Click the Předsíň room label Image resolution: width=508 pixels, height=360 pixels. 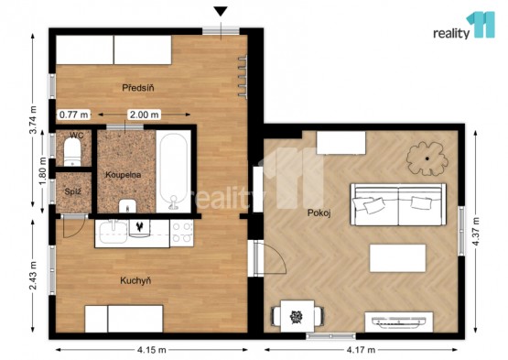pyautogui.click(x=138, y=88)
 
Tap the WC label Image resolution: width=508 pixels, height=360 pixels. pyautogui.click(x=76, y=136)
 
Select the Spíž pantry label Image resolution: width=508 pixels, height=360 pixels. pyautogui.click(x=72, y=191)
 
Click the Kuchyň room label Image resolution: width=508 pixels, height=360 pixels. pyautogui.click(x=135, y=280)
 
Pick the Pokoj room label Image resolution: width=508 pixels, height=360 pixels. pyautogui.click(x=319, y=213)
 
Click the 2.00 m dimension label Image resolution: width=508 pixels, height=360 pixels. pyautogui.click(x=145, y=115)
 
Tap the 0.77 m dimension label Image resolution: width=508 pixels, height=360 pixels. pyautogui.click(x=74, y=115)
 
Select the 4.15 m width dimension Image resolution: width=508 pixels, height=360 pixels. pyautogui.click(x=152, y=350)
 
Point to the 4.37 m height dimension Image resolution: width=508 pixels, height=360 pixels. pyautogui.click(x=476, y=232)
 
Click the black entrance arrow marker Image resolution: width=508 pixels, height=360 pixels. pyautogui.click(x=221, y=11)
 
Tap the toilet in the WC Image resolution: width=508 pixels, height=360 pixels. pyautogui.click(x=72, y=152)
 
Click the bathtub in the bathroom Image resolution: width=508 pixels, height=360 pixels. pyautogui.click(x=174, y=171)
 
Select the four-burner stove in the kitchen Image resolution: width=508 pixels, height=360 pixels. pyautogui.click(x=181, y=233)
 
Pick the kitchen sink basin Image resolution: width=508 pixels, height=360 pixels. pyautogui.click(x=113, y=232)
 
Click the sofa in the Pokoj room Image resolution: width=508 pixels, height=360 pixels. pyautogui.click(x=398, y=204)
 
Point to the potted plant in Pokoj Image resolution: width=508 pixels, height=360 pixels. pyautogui.click(x=427, y=158)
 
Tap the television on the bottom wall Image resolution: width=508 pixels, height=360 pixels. pyautogui.click(x=399, y=321)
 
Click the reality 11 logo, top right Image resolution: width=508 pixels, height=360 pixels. pyautogui.click(x=464, y=26)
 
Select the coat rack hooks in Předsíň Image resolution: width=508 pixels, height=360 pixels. pyautogui.click(x=243, y=77)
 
